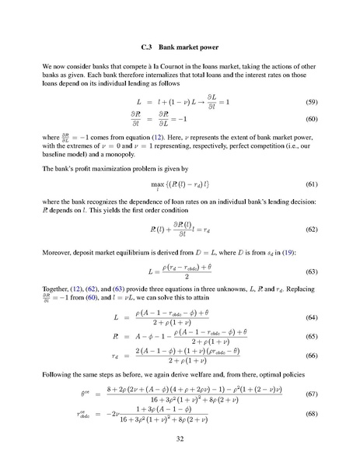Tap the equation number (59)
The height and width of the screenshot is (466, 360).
309,102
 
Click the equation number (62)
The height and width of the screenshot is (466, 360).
309,229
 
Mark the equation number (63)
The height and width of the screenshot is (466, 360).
309,272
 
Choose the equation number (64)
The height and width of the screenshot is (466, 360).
309,317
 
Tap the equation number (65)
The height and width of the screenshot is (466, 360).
309,335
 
